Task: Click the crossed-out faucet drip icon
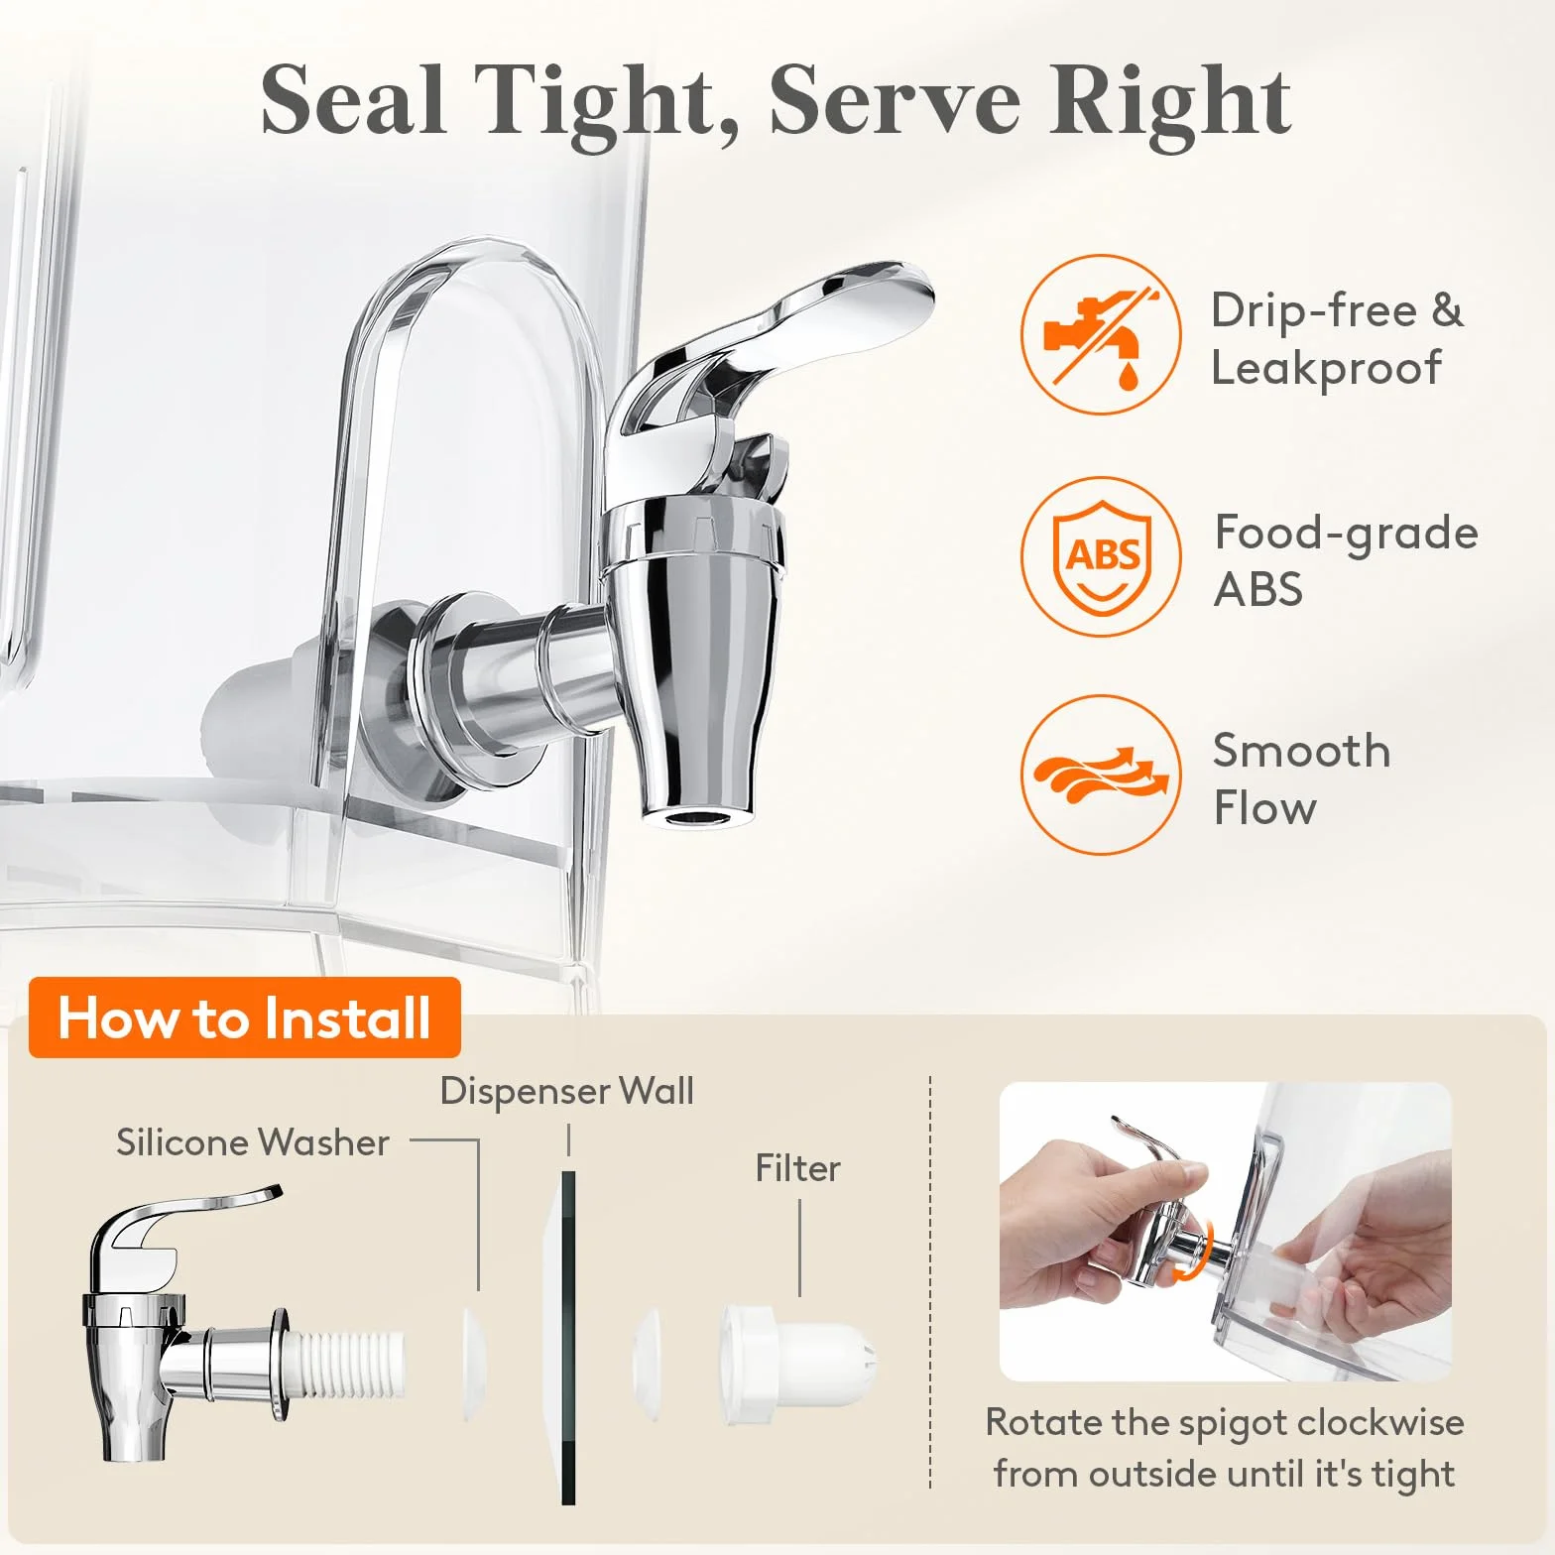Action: (1101, 334)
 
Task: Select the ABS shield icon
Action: (1101, 556)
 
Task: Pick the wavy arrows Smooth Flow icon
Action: (1101, 775)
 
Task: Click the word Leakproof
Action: (1326, 369)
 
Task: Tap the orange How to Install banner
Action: (245, 1017)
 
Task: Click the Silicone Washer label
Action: (252, 1142)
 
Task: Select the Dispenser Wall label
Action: (566, 1091)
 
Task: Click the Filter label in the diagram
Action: (797, 1168)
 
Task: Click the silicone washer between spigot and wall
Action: (475, 1365)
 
